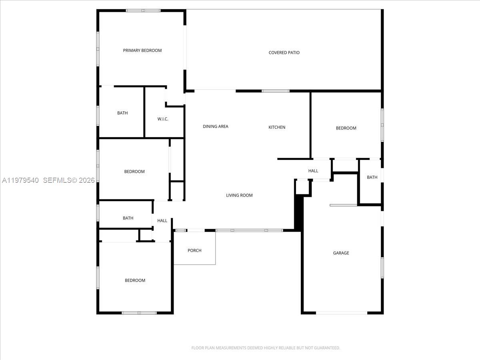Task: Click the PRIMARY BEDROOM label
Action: click(142, 50)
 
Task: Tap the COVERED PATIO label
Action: click(284, 52)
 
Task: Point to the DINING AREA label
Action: click(215, 126)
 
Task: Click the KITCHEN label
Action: click(277, 127)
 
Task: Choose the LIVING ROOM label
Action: click(239, 195)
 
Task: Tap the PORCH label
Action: click(194, 250)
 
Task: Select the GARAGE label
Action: click(341, 253)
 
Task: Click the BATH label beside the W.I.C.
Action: click(122, 113)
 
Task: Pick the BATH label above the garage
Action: click(372, 177)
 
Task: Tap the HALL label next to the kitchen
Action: click(313, 171)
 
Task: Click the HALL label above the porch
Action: click(162, 220)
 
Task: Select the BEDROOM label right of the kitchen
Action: click(346, 128)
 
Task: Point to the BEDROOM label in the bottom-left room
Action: click(135, 280)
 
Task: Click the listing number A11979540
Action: click(20, 180)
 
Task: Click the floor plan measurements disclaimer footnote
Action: click(266, 348)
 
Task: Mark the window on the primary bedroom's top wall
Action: click(143, 10)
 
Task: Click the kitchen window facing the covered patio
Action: click(276, 91)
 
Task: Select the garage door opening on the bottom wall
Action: click(341, 313)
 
